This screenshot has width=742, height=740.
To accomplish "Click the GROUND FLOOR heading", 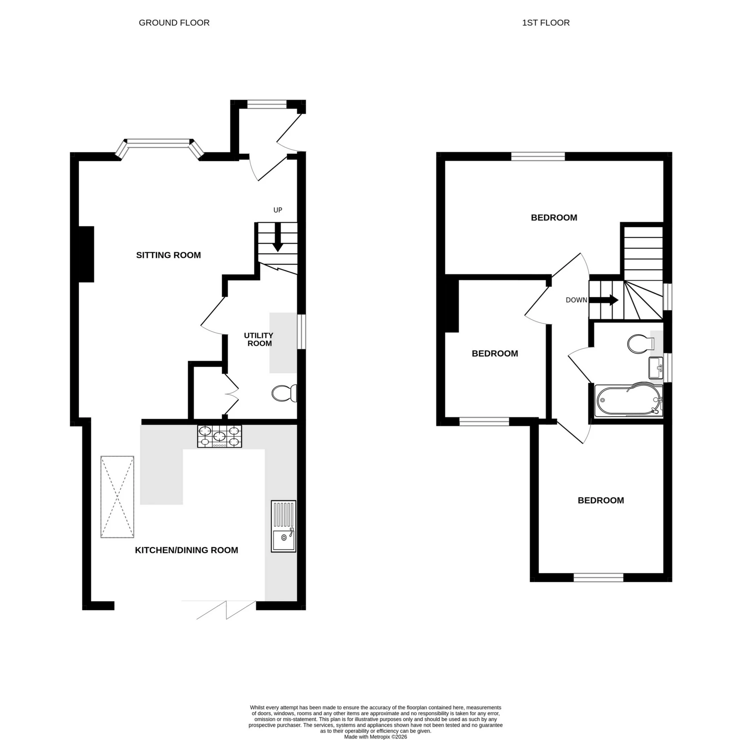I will [x=174, y=23].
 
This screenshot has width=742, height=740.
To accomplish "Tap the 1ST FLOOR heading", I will [x=545, y=23].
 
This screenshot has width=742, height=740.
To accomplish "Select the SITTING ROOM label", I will [x=168, y=255].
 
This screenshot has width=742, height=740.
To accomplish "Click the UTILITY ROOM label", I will [x=259, y=339].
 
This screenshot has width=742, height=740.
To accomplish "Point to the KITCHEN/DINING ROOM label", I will [x=186, y=550].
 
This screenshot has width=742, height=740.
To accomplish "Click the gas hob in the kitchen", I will [x=220, y=436].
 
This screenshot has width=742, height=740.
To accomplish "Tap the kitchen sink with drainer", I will [x=283, y=526].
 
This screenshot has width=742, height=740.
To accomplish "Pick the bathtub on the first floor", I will [x=628, y=401].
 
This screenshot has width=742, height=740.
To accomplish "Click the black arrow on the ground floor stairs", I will [x=277, y=243].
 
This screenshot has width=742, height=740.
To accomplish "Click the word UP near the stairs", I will [x=277, y=210].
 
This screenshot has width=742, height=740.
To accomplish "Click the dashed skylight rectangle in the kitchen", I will [x=117, y=497].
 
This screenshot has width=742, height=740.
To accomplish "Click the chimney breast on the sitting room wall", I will [x=86, y=254].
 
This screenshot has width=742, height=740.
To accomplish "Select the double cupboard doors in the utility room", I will [x=231, y=394].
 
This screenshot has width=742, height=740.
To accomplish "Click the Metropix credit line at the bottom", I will [x=375, y=737].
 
